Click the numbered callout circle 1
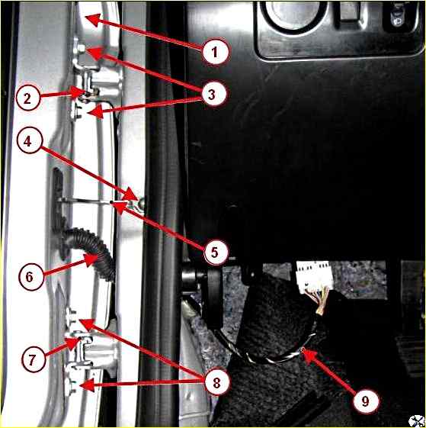click(215, 52)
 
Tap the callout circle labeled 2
click(28, 98)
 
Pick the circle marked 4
click(30, 141)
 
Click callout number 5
click(216, 252)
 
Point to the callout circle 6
click(30, 276)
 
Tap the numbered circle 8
click(217, 382)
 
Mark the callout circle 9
click(366, 401)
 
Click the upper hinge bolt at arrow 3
click(81, 49)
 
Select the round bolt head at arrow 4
click(142, 204)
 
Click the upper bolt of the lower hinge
click(72, 317)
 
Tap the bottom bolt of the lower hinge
click(70, 386)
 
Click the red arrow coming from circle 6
click(71, 265)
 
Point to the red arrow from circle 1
click(145, 32)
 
